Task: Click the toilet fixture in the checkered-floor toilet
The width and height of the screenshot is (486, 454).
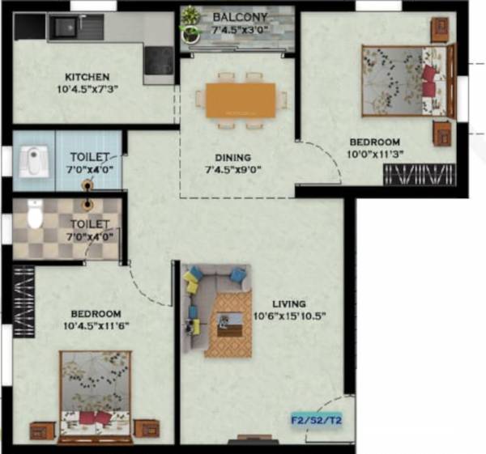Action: click(35, 214)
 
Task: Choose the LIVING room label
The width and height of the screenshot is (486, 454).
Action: click(288, 303)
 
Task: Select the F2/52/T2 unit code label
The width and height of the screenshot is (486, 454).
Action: click(316, 420)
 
